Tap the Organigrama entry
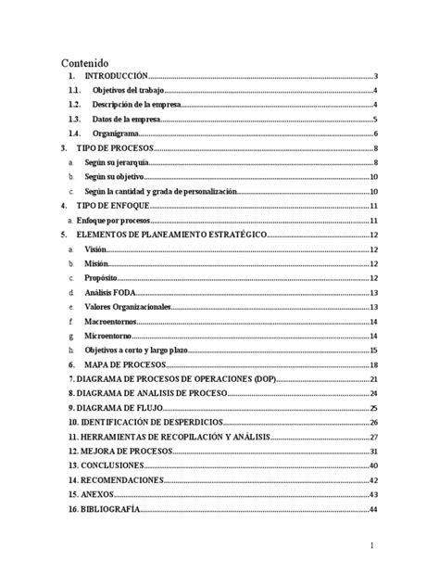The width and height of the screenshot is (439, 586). click(x=115, y=134)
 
